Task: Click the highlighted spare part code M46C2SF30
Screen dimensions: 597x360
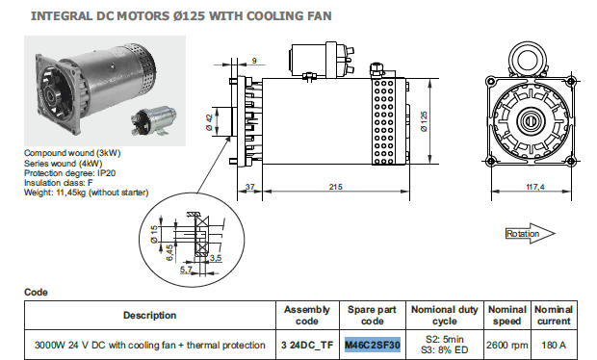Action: click(373, 346)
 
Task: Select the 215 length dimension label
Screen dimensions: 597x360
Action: click(335, 187)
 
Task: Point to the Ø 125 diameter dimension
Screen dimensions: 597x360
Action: click(424, 122)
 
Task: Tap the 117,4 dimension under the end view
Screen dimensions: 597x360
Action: click(535, 187)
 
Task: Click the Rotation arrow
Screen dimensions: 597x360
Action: click(530, 233)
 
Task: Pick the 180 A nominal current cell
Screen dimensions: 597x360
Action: click(554, 346)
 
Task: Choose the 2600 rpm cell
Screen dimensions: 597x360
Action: click(506, 346)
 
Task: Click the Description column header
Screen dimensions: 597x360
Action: click(149, 315)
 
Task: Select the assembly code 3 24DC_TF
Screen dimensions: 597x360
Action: click(307, 346)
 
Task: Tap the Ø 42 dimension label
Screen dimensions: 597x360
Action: click(209, 122)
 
